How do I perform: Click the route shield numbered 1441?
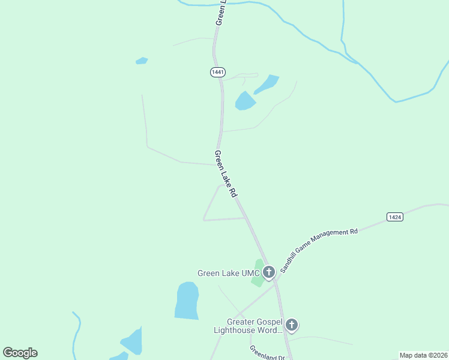pos(217,72)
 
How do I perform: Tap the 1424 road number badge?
pos(394,217)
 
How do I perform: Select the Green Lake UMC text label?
pos(228,273)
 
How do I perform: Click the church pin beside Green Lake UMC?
pos(269,272)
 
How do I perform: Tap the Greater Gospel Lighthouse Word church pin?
pos(292,325)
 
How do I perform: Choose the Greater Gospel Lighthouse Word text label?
pos(248,326)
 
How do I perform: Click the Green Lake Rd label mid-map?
pos(226,174)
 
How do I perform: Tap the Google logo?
pos(20,353)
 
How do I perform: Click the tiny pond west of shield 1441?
pos(142,61)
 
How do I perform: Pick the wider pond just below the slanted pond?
pos(244,101)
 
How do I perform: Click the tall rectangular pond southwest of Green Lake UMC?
pos(187,301)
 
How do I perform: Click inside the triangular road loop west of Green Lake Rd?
pos(221,206)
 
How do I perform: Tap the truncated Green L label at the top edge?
pos(220,12)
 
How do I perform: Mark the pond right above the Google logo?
pos(132,341)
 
